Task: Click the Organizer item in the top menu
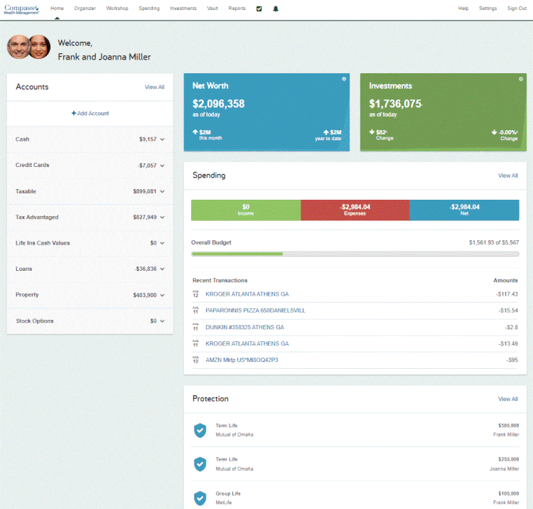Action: point(85,9)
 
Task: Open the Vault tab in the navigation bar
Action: point(211,9)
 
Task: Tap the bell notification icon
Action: point(276,9)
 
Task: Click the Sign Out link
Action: point(517,9)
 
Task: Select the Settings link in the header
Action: point(488,9)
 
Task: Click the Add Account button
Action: point(90,113)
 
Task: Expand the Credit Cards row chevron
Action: point(163,166)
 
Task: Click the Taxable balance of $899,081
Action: point(144,191)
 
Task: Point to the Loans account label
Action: point(23,269)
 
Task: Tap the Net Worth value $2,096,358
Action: point(218,104)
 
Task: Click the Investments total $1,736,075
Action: point(395,104)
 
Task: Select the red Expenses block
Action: point(355,209)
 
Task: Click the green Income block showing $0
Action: point(245,209)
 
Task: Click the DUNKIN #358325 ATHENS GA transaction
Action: point(244,327)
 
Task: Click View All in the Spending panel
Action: point(507,176)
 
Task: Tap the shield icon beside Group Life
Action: point(200,497)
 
